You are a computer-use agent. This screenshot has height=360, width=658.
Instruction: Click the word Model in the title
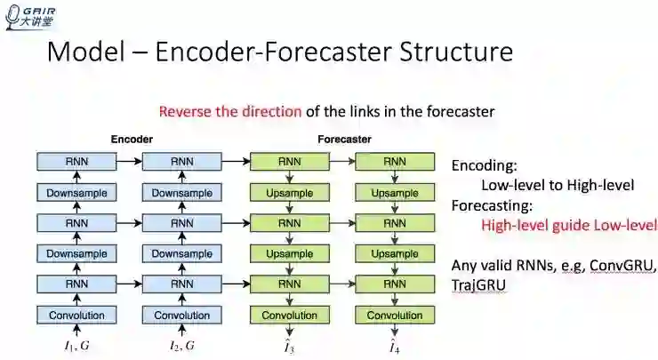[x=83, y=51]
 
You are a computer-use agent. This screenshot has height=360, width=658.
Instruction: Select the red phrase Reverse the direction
[x=230, y=112]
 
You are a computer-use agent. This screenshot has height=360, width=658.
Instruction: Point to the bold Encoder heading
[x=132, y=140]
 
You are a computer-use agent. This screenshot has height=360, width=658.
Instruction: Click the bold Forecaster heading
[x=344, y=140]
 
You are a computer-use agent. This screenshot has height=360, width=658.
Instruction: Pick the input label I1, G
[x=76, y=345]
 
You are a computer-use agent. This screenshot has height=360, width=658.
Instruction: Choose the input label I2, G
[x=182, y=345]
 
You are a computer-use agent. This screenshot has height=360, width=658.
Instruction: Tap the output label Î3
[x=289, y=345]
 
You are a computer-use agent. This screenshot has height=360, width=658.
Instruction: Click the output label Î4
[x=395, y=345]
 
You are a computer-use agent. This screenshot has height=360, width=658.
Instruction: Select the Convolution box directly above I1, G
[x=76, y=315]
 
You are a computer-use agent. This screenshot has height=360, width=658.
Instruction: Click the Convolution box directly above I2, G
[x=182, y=315]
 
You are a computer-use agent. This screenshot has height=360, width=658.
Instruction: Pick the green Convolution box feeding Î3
[x=289, y=315]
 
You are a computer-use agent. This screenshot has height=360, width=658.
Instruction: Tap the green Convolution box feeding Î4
[x=395, y=315]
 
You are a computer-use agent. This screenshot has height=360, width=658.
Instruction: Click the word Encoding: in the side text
[x=485, y=166]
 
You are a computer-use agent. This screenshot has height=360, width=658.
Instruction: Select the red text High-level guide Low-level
[x=568, y=225]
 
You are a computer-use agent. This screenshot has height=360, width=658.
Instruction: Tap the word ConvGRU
[x=622, y=266]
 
